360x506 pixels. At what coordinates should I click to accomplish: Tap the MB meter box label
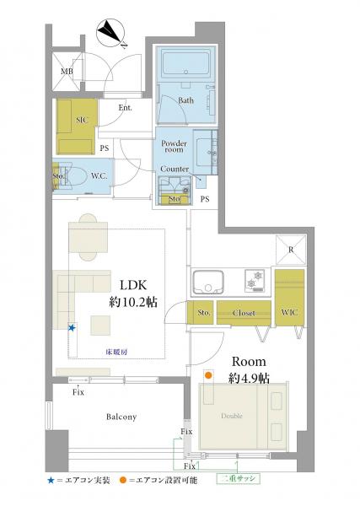coord(67,72)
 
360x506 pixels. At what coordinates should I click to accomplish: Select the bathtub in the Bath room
coord(185,62)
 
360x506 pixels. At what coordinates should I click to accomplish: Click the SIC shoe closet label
coord(82,120)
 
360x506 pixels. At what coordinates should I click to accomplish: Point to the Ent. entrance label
coord(125,108)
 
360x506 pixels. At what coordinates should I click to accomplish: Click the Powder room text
coord(174,146)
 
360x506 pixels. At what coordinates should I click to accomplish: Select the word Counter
coord(175,169)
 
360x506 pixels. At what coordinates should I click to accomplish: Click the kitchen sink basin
coord(208,282)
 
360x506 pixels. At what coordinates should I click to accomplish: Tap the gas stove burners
coord(256,280)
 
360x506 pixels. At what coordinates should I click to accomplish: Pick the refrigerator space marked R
coord(291,250)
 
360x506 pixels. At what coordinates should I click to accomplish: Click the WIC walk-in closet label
coord(289,312)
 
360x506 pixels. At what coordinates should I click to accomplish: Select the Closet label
coord(244,313)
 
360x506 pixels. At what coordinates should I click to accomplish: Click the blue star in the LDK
coord(72,328)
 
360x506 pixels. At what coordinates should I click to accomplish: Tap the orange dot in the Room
coord(208,375)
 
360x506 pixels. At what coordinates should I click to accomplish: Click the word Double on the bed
coord(232,416)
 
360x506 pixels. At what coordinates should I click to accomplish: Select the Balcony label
coord(121,417)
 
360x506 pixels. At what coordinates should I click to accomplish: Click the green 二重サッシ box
coord(238,478)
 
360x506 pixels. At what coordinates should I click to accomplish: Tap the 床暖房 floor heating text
coord(116,352)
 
